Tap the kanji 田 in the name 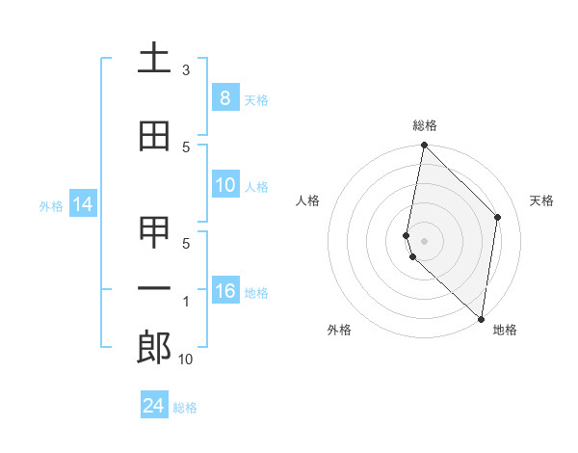154,137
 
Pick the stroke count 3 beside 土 186,70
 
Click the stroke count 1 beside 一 186,303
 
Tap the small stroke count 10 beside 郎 186,360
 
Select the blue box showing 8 224,98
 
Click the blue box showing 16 224,291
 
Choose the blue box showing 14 83,204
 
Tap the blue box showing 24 154,406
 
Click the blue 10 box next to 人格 224,186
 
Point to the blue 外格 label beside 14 51,205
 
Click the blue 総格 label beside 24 185,408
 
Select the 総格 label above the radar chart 425,125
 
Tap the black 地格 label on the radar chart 505,330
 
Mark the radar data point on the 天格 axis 498,217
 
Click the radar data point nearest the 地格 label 481,319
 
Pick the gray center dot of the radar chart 425,240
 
